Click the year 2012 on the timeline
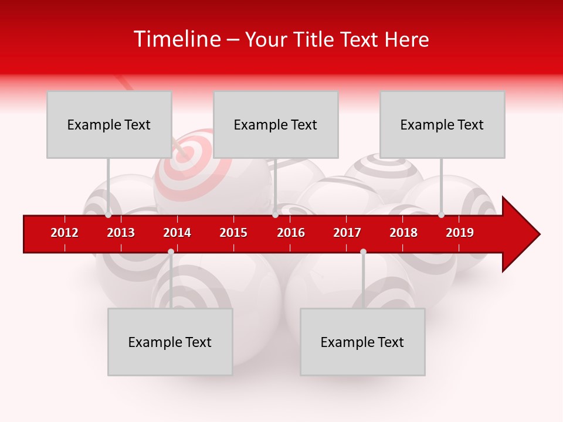pyautogui.click(x=65, y=233)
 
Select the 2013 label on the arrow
pyautogui.click(x=121, y=233)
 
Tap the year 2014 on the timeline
pyautogui.click(x=177, y=233)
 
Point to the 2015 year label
pyautogui.click(x=233, y=233)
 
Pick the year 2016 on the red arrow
pyautogui.click(x=291, y=233)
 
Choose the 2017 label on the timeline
pyautogui.click(x=347, y=233)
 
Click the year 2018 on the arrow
pyautogui.click(x=403, y=233)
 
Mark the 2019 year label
pyautogui.click(x=460, y=233)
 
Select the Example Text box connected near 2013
pyautogui.click(x=109, y=124)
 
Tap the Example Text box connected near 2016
pyautogui.click(x=276, y=124)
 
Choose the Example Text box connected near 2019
pyautogui.click(x=442, y=124)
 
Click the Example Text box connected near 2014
pyautogui.click(x=170, y=342)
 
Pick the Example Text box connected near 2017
pyautogui.click(x=362, y=342)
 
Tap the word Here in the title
pyautogui.click(x=406, y=39)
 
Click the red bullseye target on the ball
pyautogui.click(x=186, y=154)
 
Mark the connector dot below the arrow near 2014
pyautogui.click(x=171, y=251)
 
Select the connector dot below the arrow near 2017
pyautogui.click(x=363, y=251)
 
